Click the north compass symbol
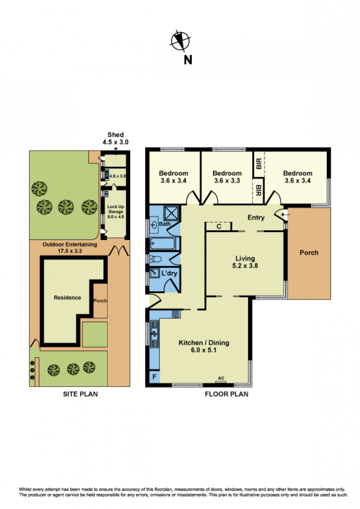180,41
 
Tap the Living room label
245,262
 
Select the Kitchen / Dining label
204,346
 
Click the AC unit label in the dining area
221,378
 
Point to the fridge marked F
154,377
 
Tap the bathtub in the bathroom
163,243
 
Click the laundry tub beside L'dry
154,272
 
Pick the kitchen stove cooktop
176,314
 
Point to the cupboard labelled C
219,226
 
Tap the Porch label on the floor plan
309,253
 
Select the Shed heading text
116,134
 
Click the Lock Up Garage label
116,212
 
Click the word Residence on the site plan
67,297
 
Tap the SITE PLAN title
80,394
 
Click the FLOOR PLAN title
226,394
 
